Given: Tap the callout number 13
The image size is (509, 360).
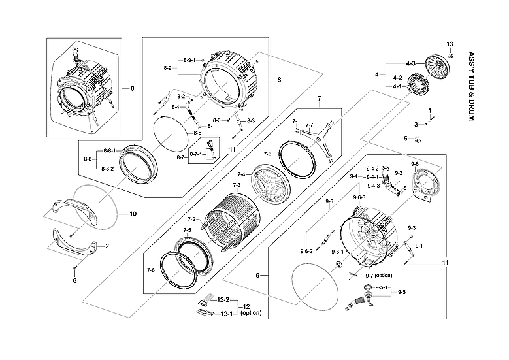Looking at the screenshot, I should pyautogui.click(x=450, y=43).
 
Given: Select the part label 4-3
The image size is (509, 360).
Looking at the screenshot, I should pyautogui.click(x=410, y=63).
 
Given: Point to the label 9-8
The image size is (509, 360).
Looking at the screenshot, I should pyautogui.click(x=415, y=163).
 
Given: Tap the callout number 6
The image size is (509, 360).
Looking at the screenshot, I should pyautogui.click(x=74, y=280).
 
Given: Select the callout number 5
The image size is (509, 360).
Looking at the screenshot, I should pyautogui.click(x=406, y=138).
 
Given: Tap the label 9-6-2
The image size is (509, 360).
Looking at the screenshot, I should pyautogui.click(x=306, y=252).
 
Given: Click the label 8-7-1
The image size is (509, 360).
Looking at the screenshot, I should pyautogui.click(x=196, y=154).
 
